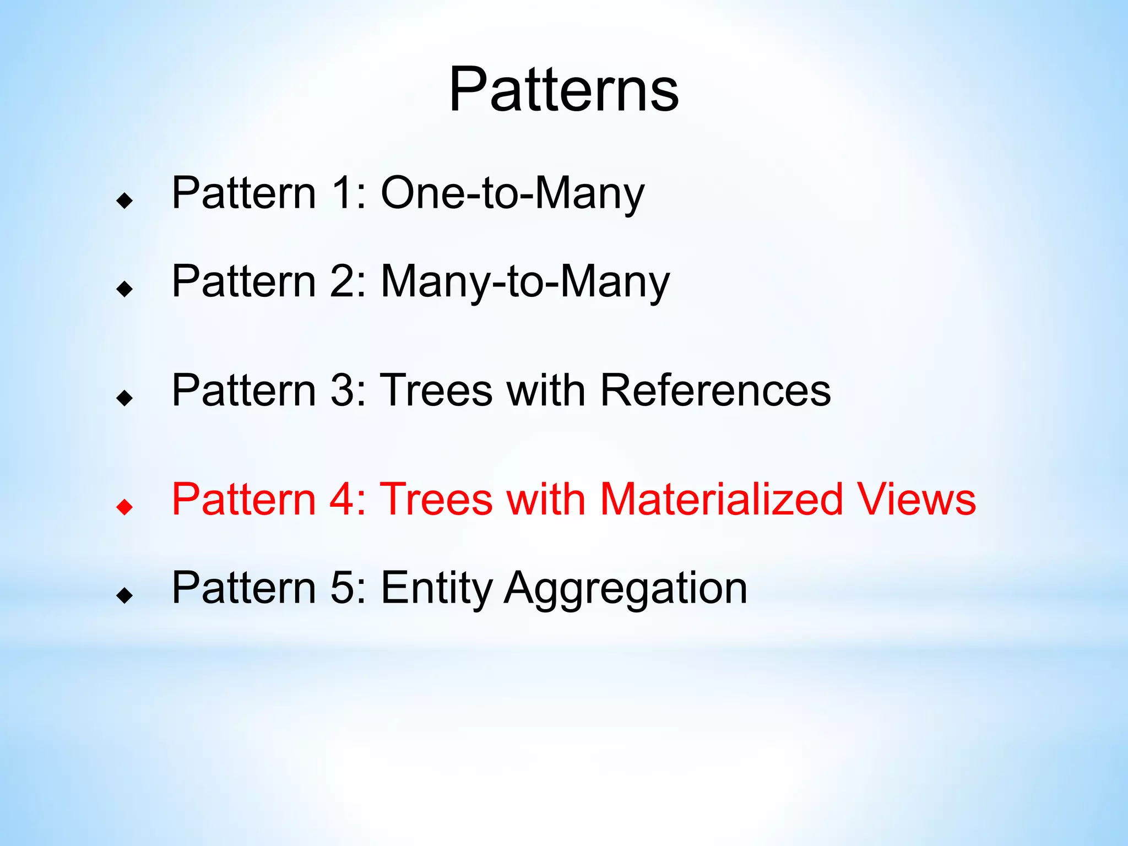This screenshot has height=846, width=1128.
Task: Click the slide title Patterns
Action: tap(563, 90)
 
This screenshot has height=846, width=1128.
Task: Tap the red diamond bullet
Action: tap(125, 507)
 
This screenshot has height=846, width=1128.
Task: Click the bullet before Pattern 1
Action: tap(125, 200)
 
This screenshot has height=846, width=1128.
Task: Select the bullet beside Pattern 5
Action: tap(125, 595)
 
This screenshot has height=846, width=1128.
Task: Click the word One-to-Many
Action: tap(512, 193)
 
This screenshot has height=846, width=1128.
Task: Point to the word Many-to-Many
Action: tap(525, 281)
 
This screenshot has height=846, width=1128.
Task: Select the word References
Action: tap(715, 390)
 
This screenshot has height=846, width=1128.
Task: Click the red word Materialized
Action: tap(721, 499)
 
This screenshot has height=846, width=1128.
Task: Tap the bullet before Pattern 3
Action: tap(125, 398)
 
